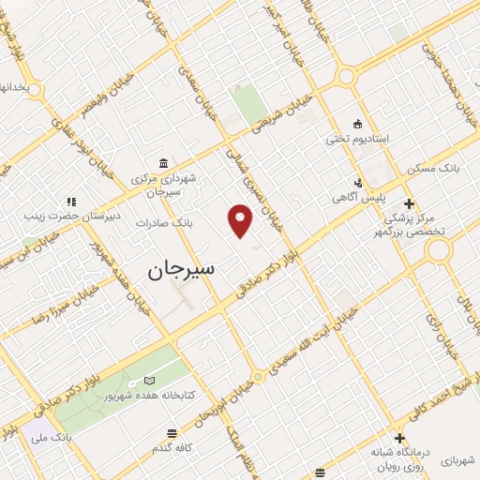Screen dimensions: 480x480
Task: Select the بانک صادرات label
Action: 164,223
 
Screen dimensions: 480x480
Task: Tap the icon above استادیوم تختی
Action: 356,123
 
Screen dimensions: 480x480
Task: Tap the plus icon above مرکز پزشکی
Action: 408,202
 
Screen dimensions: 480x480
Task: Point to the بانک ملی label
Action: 52,437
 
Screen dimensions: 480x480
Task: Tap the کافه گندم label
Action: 172,448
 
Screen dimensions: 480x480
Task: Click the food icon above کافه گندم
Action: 172,433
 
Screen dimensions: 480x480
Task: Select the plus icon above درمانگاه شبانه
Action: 400,438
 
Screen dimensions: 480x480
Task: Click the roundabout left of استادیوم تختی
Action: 347,77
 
